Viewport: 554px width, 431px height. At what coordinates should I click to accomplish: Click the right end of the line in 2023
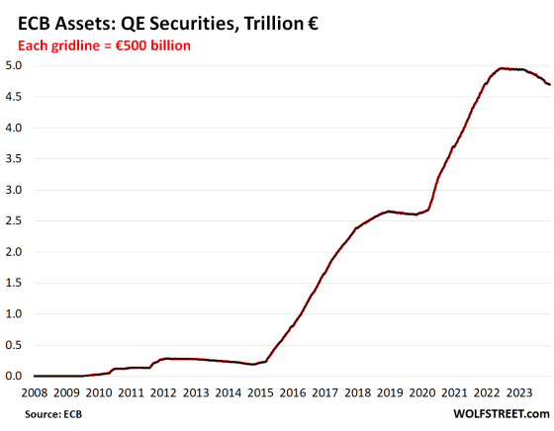pyautogui.click(x=550, y=85)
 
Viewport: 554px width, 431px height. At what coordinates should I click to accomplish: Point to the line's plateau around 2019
pyautogui.click(x=391, y=212)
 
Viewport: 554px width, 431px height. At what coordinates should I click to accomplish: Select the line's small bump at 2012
pyautogui.click(x=166, y=358)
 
